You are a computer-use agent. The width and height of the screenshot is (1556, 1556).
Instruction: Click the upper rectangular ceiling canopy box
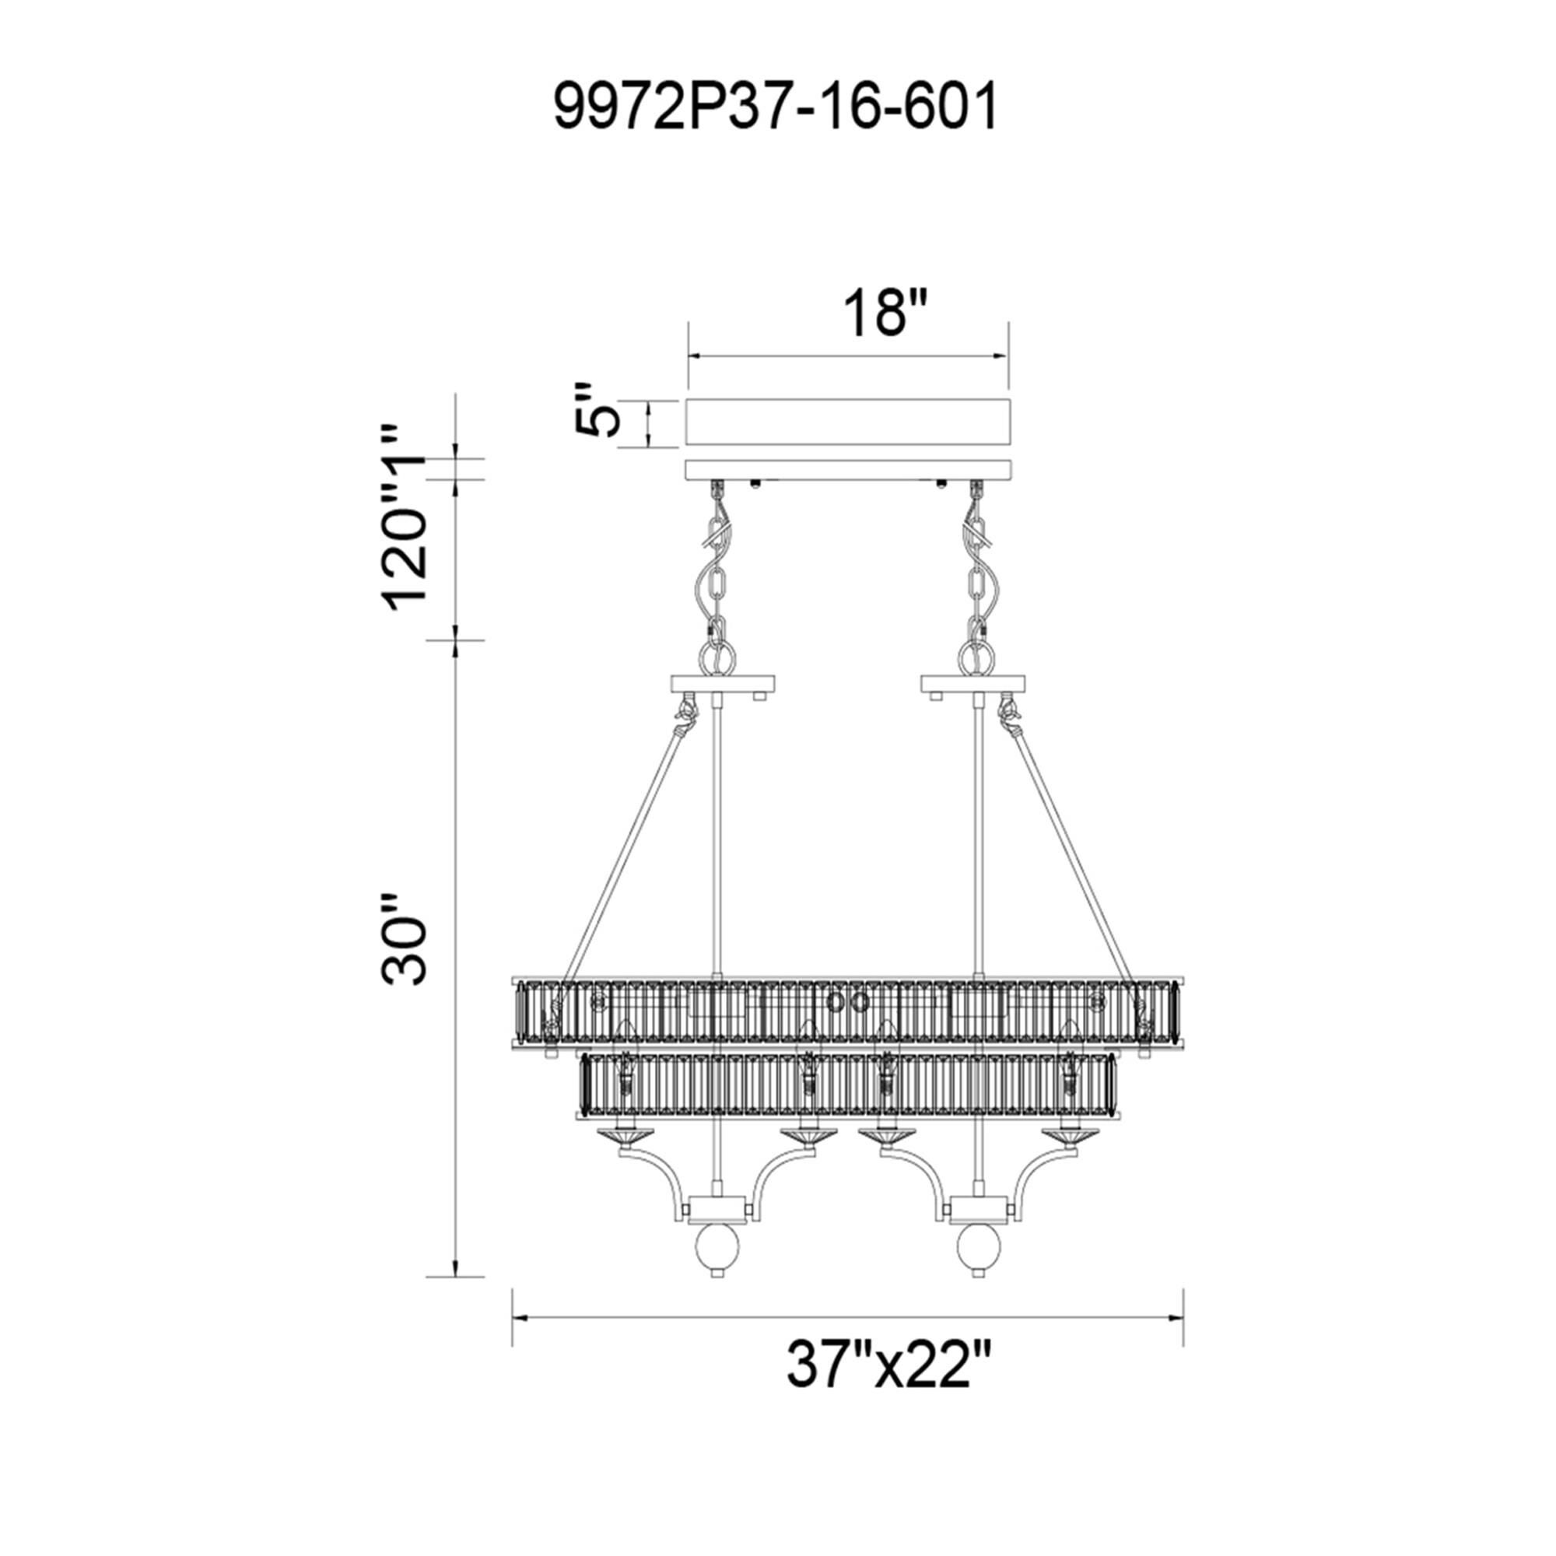846,421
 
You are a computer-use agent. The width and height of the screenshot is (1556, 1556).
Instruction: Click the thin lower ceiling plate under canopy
846,470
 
